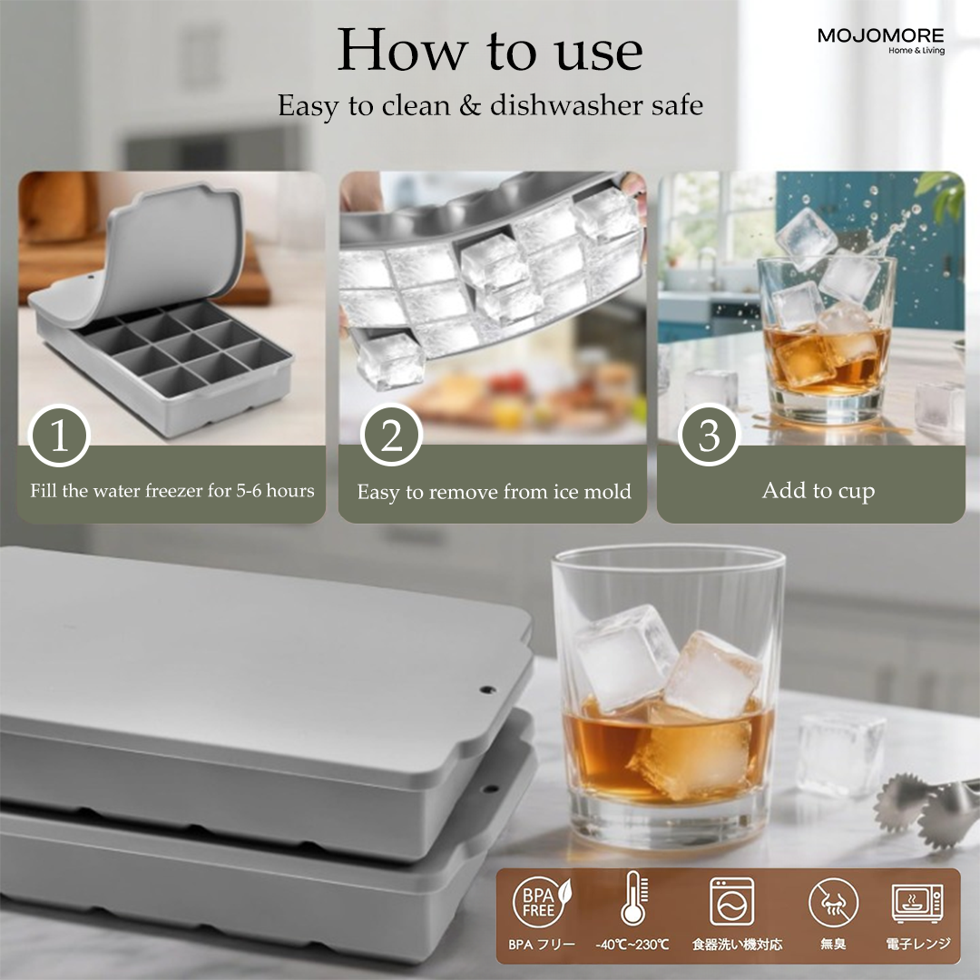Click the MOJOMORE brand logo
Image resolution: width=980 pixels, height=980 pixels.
(880, 39)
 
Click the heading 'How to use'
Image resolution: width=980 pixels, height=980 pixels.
(490, 51)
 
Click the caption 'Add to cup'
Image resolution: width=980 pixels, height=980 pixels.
(818, 491)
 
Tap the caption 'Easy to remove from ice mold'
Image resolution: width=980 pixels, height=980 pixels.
(494, 492)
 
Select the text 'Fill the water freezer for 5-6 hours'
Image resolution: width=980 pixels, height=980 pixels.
(172, 491)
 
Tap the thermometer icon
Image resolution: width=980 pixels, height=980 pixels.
(632, 901)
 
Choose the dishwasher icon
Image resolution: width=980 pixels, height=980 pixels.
(732, 901)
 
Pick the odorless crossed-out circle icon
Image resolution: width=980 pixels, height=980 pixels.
(832, 903)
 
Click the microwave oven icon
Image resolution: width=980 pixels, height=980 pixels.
(917, 902)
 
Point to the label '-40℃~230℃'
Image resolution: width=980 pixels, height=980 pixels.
(632, 945)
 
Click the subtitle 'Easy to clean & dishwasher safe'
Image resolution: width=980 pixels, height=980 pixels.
(490, 105)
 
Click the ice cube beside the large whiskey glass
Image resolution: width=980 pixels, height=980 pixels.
(841, 753)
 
